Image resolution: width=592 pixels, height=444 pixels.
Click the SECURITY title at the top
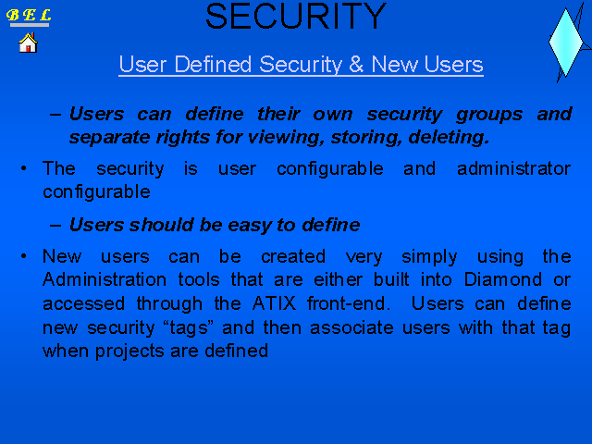(x=296, y=17)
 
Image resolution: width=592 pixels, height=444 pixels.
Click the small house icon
(x=29, y=43)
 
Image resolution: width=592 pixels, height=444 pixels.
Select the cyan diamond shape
(x=565, y=43)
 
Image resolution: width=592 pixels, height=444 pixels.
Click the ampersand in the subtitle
(x=356, y=64)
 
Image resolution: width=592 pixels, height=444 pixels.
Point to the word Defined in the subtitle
(x=213, y=64)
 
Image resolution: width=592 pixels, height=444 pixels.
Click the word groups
(x=489, y=115)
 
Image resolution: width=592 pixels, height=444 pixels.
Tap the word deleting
(x=449, y=137)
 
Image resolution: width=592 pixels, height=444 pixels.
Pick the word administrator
(x=514, y=168)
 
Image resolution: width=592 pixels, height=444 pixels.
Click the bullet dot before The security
(x=23, y=168)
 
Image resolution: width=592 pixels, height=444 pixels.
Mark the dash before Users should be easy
(x=55, y=226)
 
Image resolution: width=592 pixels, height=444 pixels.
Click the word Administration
(x=105, y=279)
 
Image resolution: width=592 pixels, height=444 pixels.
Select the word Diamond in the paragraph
(x=502, y=279)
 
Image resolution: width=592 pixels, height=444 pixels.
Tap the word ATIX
(x=275, y=303)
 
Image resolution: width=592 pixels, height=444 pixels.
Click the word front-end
(x=349, y=303)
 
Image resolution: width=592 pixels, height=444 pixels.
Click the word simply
(x=429, y=257)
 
